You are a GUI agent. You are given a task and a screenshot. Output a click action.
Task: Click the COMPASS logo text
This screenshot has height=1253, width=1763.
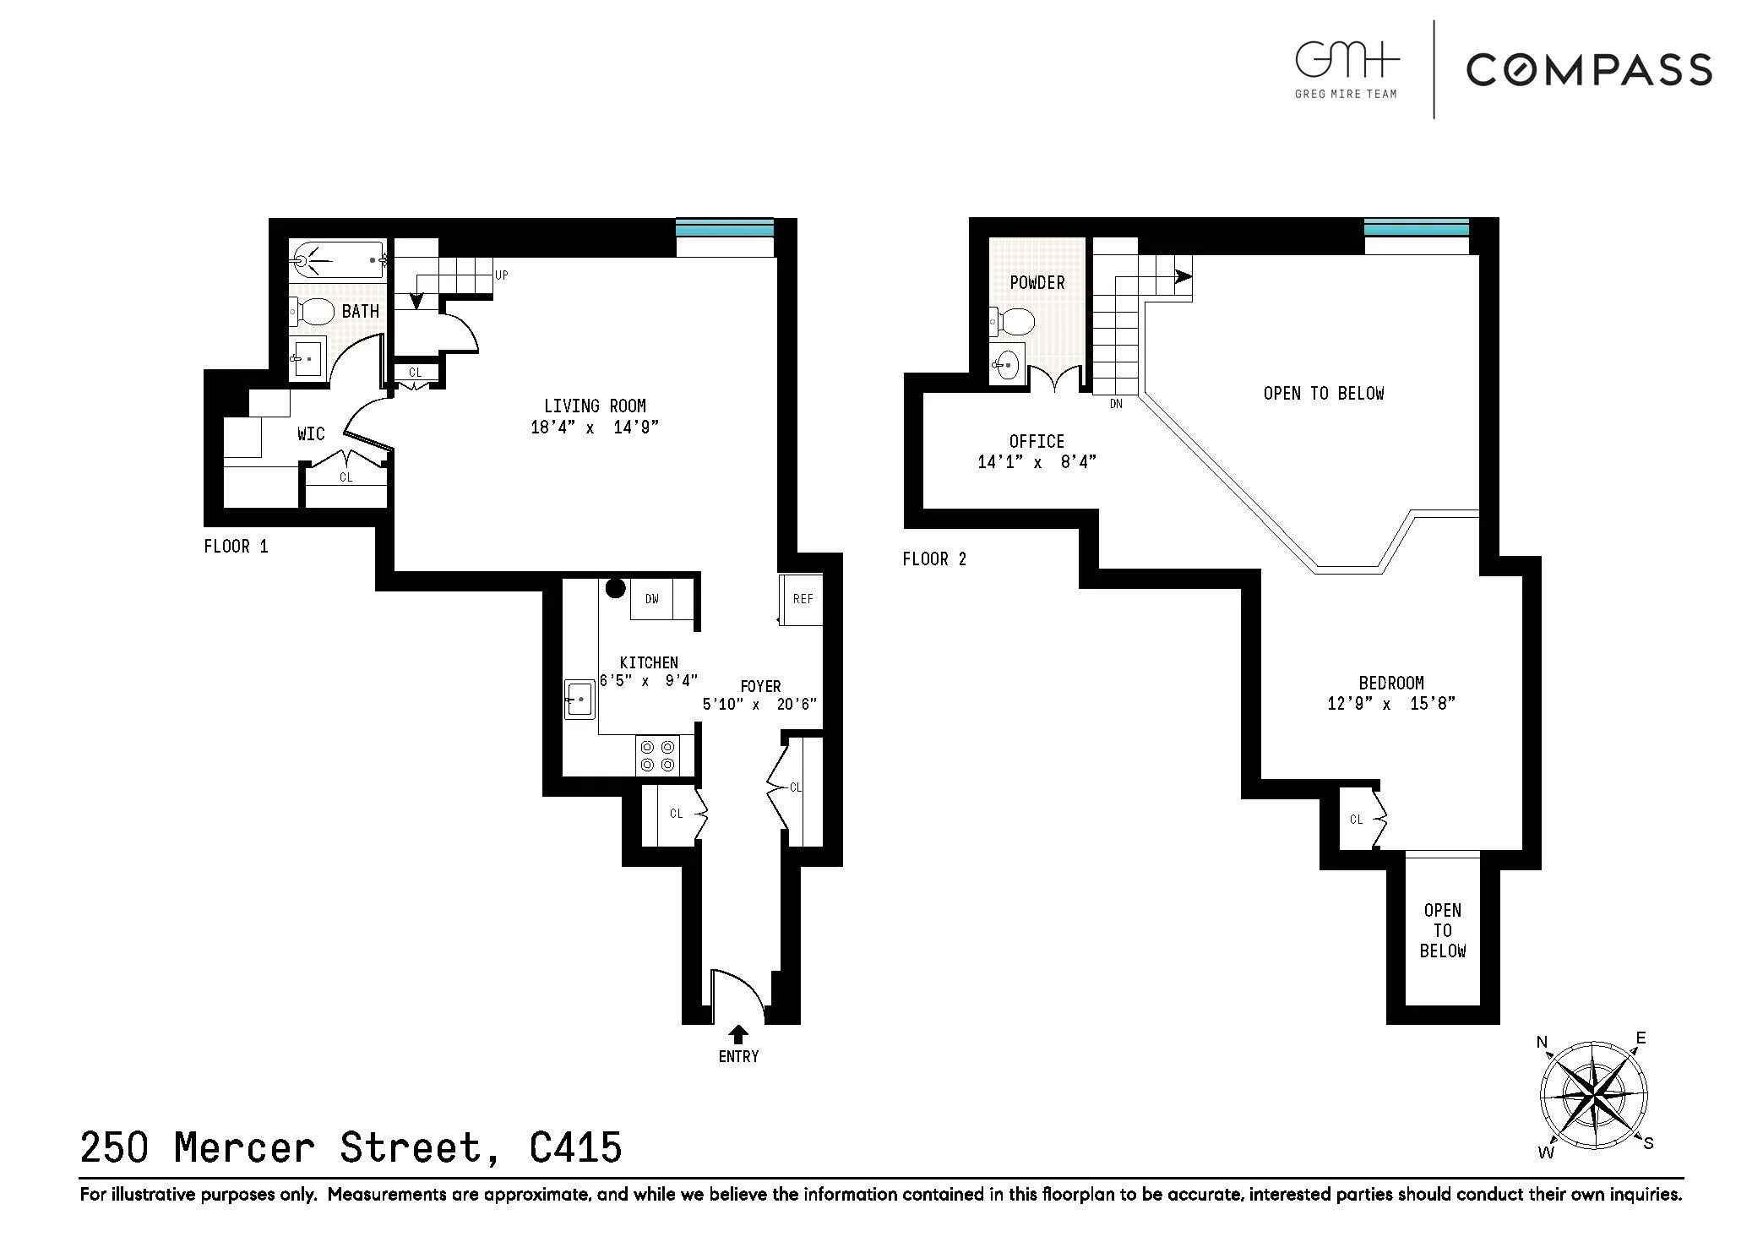click(1588, 69)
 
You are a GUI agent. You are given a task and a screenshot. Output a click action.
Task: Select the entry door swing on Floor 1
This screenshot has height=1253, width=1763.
click(737, 992)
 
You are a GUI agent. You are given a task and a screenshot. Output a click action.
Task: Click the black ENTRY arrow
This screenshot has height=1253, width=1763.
click(738, 1033)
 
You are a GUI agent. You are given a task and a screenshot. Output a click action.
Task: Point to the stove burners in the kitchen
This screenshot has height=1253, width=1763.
click(657, 755)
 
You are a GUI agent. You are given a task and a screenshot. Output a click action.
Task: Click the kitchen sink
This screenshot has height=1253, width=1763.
click(580, 700)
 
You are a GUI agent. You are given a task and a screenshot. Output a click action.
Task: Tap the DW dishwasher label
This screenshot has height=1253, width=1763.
click(651, 599)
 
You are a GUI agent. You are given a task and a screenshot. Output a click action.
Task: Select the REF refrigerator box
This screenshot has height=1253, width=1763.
click(802, 599)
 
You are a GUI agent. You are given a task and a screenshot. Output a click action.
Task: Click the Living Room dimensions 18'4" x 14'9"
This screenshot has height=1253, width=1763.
click(594, 428)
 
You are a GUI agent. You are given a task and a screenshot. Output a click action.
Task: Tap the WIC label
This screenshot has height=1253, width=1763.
click(311, 434)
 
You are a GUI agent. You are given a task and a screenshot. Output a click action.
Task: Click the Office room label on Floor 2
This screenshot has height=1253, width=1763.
click(1037, 441)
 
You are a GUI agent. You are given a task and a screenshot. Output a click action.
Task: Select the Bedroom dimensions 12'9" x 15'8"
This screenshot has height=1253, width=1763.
click(1390, 704)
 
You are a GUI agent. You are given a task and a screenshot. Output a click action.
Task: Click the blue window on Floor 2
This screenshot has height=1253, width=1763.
click(1416, 228)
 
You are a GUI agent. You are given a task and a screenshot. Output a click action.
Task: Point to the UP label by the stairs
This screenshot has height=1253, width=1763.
click(502, 275)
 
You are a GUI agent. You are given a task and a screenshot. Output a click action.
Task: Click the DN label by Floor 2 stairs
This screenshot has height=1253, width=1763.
click(1116, 404)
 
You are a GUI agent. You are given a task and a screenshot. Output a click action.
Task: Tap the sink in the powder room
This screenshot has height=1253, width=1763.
click(1008, 366)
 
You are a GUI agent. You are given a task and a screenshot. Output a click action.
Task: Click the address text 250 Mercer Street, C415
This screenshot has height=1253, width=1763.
click(351, 1147)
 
